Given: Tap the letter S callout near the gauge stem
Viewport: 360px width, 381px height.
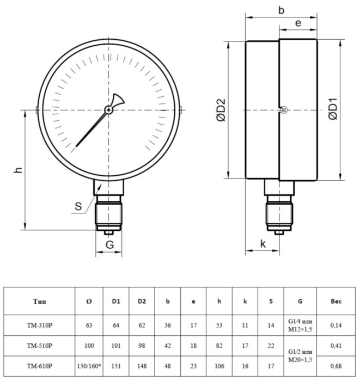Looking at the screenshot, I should (80, 206).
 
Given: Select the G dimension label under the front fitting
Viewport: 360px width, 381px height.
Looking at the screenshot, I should (109, 245).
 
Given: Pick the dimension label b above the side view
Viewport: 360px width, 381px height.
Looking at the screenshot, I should (281, 9).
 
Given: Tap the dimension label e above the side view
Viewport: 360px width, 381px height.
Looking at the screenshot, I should (298, 23).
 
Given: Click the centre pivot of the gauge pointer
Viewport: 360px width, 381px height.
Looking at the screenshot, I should (109, 110).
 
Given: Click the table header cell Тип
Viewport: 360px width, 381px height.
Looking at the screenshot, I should (40, 301).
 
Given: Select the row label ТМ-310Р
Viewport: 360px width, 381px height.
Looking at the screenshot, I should (40, 325).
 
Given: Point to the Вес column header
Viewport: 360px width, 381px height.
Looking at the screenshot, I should (337, 301).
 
